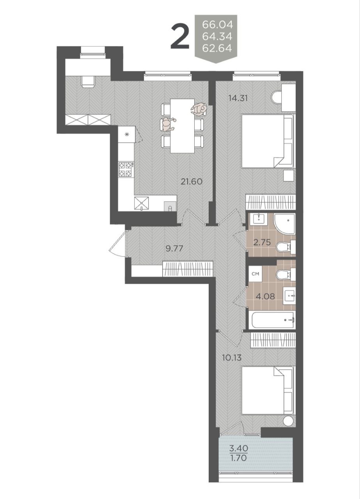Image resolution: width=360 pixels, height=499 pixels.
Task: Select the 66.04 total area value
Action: [x=217, y=24]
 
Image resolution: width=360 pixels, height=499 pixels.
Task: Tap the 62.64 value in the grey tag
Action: [x=217, y=48]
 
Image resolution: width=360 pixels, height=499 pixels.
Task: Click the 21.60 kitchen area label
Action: [x=192, y=182]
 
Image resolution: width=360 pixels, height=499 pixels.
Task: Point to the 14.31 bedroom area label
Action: [x=238, y=98]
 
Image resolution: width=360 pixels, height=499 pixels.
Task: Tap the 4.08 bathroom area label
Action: [x=266, y=296]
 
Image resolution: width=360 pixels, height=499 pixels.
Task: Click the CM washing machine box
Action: [x=255, y=274]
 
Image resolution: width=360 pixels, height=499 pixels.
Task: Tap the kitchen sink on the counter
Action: [x=141, y=203]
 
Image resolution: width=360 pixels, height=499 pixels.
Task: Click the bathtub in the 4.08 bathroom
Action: [x=272, y=320]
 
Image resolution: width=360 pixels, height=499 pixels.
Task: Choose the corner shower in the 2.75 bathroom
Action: [x=284, y=223]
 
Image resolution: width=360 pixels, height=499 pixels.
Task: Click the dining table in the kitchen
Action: [x=182, y=126]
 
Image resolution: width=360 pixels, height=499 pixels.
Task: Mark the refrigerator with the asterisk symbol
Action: [x=127, y=134]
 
